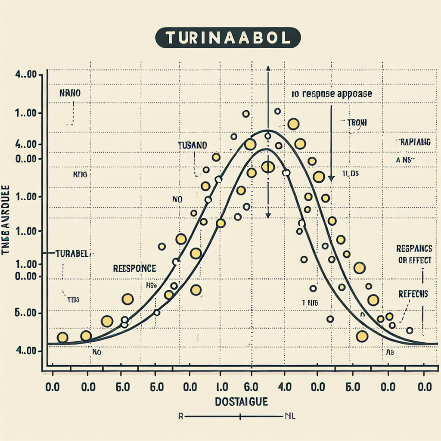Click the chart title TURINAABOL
227,38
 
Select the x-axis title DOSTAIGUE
241,402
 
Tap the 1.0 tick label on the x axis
220,387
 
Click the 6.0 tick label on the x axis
250,387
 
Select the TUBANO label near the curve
192,146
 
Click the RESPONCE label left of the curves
134,269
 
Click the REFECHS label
413,294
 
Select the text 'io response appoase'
332,94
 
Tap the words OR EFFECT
414,261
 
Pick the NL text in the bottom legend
289,416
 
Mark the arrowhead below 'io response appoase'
331,178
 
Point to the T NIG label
310,303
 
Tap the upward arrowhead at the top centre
268,68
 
